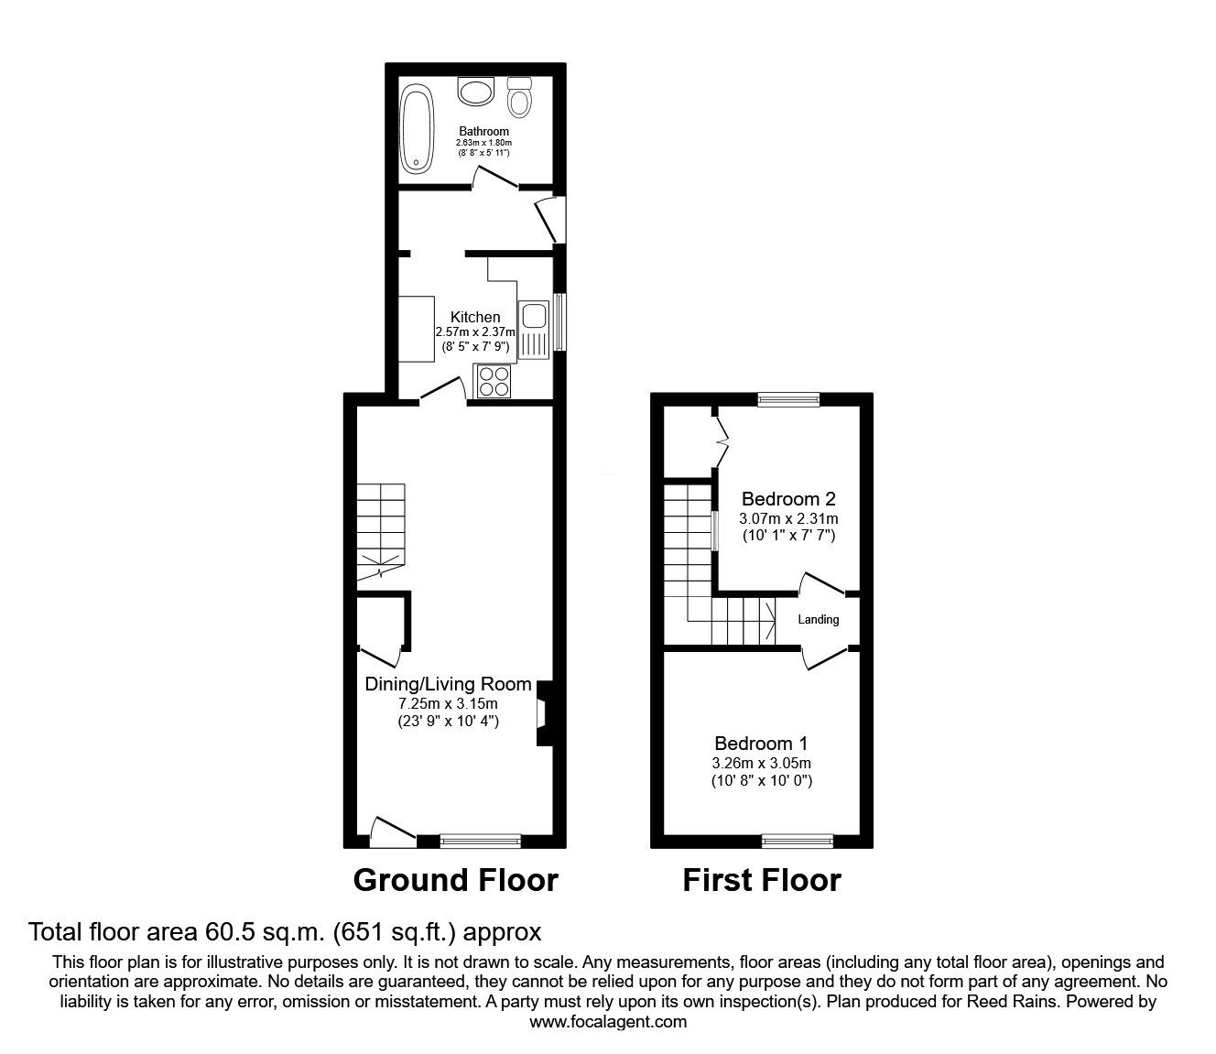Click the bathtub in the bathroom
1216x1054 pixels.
[x=418, y=129]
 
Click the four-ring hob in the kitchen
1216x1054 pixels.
[x=494, y=380]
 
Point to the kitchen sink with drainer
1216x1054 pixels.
[x=532, y=329]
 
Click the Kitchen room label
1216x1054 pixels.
[x=475, y=317]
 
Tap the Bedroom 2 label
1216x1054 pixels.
[x=788, y=499]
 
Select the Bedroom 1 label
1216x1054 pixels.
[x=761, y=743]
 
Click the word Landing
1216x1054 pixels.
[x=818, y=620]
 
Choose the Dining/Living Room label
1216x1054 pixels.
[x=448, y=683]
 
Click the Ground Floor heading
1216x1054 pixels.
[x=455, y=880]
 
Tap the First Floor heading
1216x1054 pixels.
[x=761, y=880]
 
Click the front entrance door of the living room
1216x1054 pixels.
[x=392, y=830]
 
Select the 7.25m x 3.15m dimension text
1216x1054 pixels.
[x=448, y=703]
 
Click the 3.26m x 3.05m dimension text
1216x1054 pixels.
[x=761, y=763]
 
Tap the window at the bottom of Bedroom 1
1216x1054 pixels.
[x=798, y=840]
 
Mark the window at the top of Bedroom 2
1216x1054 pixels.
[x=788, y=399]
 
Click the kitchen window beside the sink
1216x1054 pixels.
[x=559, y=321]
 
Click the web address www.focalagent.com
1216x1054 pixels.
[x=608, y=1022]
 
